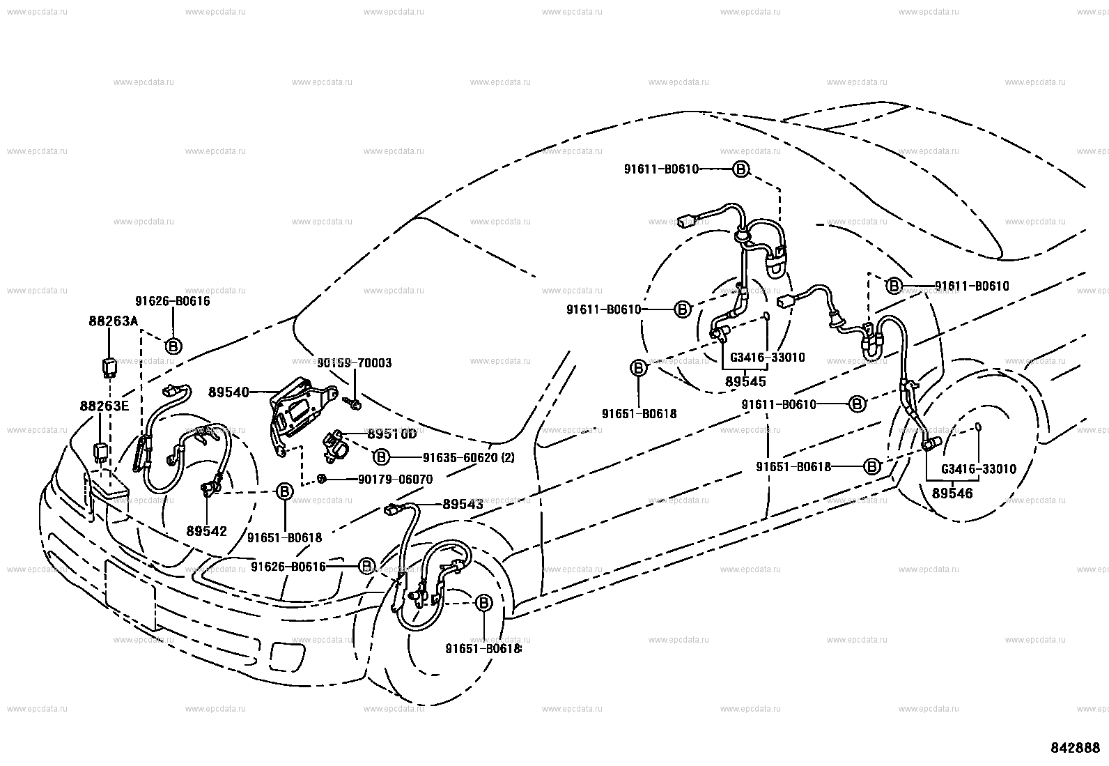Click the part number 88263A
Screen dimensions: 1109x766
113,321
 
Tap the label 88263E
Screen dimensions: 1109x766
104,406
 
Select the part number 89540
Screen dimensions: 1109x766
228,392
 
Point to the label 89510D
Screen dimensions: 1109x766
392,434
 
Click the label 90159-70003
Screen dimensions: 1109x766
355,363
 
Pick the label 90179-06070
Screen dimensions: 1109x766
395,480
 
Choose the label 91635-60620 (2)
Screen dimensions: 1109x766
468,458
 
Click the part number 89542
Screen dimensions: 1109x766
206,531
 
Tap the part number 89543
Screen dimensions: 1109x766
463,505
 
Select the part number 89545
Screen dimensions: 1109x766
745,382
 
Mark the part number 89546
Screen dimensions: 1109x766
952,493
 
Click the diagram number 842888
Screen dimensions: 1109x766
1076,748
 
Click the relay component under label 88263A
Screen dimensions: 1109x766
109,367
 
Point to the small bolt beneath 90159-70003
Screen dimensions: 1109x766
353,405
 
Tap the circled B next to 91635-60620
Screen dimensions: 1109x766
381,457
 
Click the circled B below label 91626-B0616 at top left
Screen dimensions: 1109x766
173,346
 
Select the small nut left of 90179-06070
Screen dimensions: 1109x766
322,479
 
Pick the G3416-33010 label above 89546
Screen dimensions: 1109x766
978,469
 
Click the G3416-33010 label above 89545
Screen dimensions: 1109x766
768,358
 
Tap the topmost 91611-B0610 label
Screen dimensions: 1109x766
662,169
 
